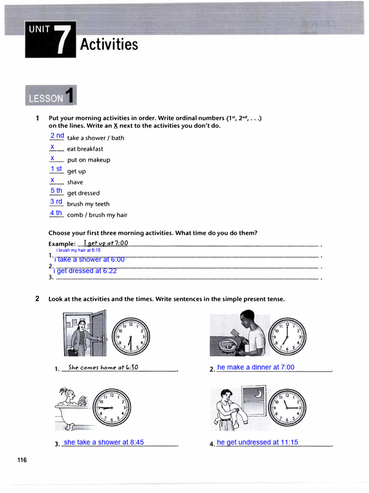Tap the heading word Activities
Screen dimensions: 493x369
click(x=109, y=44)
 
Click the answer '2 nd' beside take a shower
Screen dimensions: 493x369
click(x=57, y=136)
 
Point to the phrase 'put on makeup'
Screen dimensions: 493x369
click(x=88, y=160)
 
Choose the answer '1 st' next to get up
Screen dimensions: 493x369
click(x=56, y=169)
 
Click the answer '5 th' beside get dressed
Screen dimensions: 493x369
click(x=56, y=191)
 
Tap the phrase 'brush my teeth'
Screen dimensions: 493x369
click(x=88, y=204)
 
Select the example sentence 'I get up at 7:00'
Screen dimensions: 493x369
click(x=106, y=243)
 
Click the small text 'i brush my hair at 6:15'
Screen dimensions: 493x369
click(x=78, y=250)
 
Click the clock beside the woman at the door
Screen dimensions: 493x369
click(x=131, y=335)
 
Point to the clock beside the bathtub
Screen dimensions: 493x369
click(x=112, y=407)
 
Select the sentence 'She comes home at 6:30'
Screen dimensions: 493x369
click(x=103, y=367)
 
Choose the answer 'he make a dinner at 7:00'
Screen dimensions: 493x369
click(x=256, y=367)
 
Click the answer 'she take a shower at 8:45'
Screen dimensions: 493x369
click(x=104, y=442)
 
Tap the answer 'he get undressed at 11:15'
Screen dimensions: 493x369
click(x=257, y=442)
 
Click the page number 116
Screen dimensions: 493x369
click(x=22, y=460)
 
